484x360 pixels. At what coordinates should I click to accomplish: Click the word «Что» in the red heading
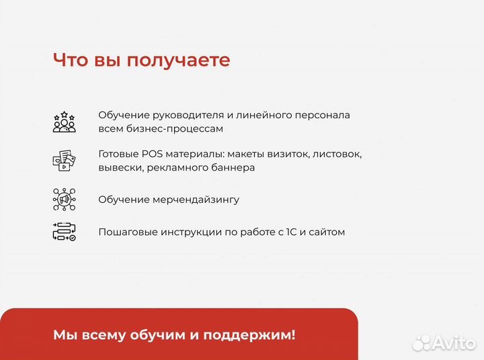point(70,60)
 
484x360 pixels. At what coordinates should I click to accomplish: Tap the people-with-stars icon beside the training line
point(65,122)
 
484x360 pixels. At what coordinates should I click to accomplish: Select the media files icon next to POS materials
point(65,161)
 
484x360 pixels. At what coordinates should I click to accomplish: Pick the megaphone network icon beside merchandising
point(65,199)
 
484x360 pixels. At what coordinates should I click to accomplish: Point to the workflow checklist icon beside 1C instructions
point(65,232)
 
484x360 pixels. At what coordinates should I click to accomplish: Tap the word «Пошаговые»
point(127,232)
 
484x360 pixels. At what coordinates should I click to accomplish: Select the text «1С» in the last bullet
point(291,232)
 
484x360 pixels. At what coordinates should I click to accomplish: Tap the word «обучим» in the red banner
point(156,334)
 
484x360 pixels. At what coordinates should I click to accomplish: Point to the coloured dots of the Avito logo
point(422,343)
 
